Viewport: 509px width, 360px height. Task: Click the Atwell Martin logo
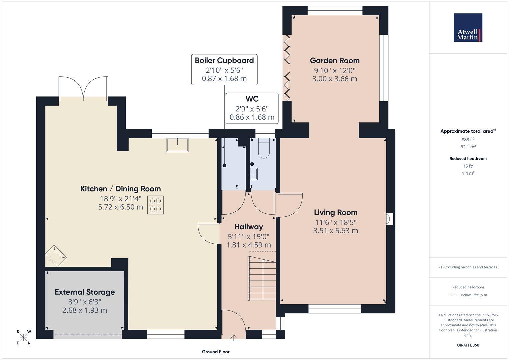pos(468,28)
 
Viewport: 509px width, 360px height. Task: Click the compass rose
pos(23,337)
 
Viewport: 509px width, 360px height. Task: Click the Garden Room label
pos(334,61)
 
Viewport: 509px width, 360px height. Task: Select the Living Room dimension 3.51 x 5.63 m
pos(335,231)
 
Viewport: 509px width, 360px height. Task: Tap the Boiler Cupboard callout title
pos(224,60)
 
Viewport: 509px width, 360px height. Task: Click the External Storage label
pos(85,292)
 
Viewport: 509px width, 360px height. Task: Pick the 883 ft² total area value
pos(468,140)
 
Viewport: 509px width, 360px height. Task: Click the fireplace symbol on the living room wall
pos(389,219)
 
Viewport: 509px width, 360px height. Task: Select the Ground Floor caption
pos(215,352)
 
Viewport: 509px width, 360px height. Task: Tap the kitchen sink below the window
pos(177,145)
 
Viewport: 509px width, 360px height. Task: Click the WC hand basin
pos(254,174)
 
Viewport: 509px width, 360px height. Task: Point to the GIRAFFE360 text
pos(468,345)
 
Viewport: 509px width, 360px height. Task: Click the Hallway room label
pos(248,227)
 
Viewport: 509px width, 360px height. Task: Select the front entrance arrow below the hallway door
pos(234,338)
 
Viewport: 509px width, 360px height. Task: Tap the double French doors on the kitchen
pos(83,88)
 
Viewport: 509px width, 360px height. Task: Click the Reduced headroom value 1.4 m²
pos(468,173)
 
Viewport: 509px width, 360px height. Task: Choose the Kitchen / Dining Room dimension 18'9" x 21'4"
pos(120,199)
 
